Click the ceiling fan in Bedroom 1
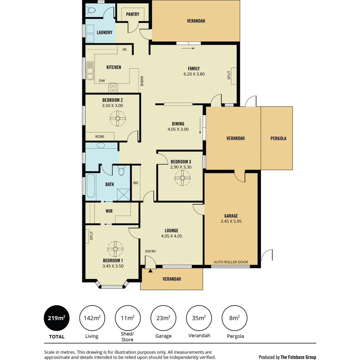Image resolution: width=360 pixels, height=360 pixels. point(115,249)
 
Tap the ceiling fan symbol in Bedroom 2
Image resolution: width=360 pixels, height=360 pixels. point(118,118)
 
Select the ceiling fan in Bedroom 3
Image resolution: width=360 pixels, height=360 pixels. point(182,178)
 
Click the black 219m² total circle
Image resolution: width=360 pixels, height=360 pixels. point(56,318)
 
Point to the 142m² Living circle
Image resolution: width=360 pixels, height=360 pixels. point(92,318)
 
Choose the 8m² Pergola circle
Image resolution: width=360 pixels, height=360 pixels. point(234,318)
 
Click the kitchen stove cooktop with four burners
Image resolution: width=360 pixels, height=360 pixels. point(113,88)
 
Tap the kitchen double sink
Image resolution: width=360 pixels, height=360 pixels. point(90,71)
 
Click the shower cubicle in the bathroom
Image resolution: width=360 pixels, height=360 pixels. point(123,194)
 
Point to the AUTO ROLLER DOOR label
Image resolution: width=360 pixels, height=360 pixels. point(231,262)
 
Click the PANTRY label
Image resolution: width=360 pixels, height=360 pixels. point(133,14)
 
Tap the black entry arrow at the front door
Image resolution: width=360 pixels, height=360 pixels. point(150,271)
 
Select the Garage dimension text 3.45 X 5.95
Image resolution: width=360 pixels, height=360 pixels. point(231,221)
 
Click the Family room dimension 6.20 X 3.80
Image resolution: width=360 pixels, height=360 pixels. point(194,74)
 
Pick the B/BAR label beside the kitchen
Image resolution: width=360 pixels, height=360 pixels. point(142,81)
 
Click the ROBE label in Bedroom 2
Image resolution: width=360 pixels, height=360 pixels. point(100,137)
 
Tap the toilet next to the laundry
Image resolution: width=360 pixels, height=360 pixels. point(90,11)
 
